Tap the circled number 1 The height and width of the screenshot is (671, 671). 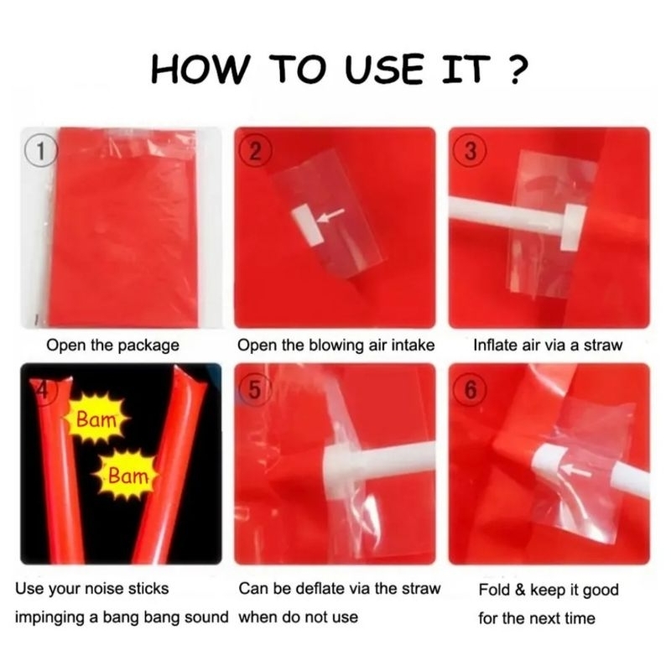pos(40,151)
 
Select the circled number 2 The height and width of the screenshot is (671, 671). pos(255,151)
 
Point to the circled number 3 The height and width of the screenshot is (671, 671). pos(470,151)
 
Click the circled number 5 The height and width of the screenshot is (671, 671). pos(254,389)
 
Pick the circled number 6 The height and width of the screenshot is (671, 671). pos(470,389)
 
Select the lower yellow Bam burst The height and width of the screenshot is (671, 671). pos(127,476)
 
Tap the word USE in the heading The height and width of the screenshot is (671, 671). pos(383,69)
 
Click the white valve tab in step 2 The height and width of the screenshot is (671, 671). pos(306,225)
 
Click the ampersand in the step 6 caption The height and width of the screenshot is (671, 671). pos(520,590)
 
